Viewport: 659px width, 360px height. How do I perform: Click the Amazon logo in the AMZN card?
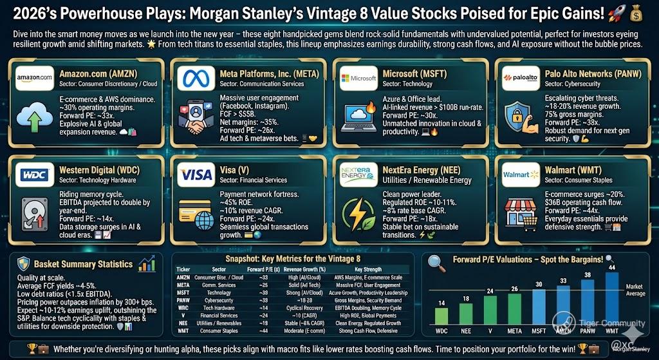34,78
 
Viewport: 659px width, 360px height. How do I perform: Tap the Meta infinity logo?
196,78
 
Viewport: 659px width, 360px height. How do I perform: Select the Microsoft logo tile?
359,78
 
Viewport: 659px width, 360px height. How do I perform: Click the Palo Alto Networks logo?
521,78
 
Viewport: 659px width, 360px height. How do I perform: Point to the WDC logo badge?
34,174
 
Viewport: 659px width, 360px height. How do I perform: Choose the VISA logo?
196,174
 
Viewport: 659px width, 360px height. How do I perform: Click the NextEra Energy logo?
359,174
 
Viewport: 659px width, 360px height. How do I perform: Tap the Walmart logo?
521,174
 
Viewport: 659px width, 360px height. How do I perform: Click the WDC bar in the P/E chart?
441,316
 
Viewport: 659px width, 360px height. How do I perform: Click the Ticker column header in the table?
183,270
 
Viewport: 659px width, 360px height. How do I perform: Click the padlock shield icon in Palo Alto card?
519,116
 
